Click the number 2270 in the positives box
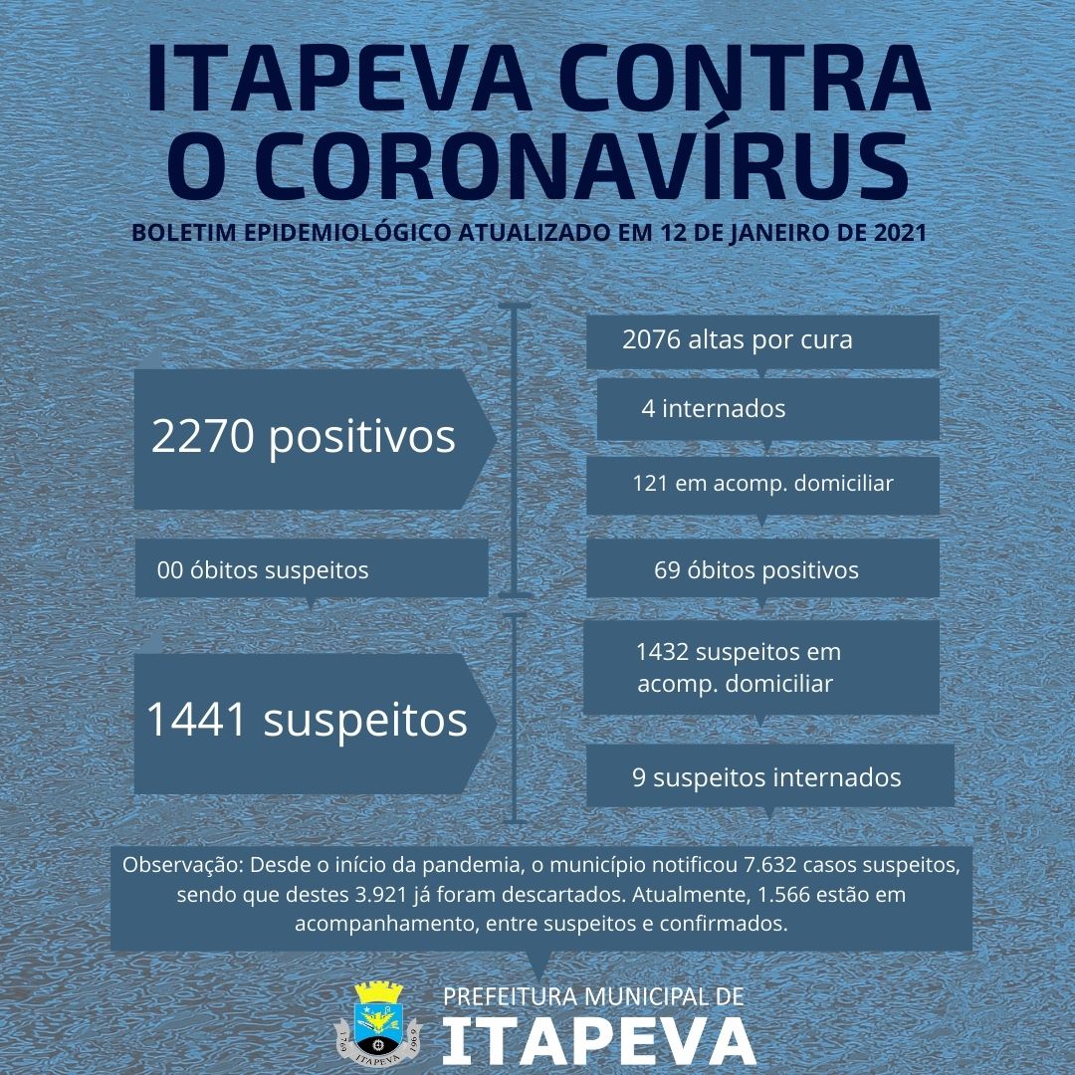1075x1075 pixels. pos(202,437)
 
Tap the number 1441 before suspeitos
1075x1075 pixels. pos(196,720)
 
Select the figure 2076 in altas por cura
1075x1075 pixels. pos(651,339)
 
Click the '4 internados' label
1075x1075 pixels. pos(713,408)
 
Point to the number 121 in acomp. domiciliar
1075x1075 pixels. pos(651,484)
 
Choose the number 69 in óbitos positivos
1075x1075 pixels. pos(667,570)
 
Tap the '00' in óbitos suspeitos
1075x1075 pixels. pos(170,570)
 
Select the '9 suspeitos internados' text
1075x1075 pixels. pos(766,777)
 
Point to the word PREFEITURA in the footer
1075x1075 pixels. pos(512,996)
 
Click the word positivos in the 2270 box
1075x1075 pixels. pos(362,437)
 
